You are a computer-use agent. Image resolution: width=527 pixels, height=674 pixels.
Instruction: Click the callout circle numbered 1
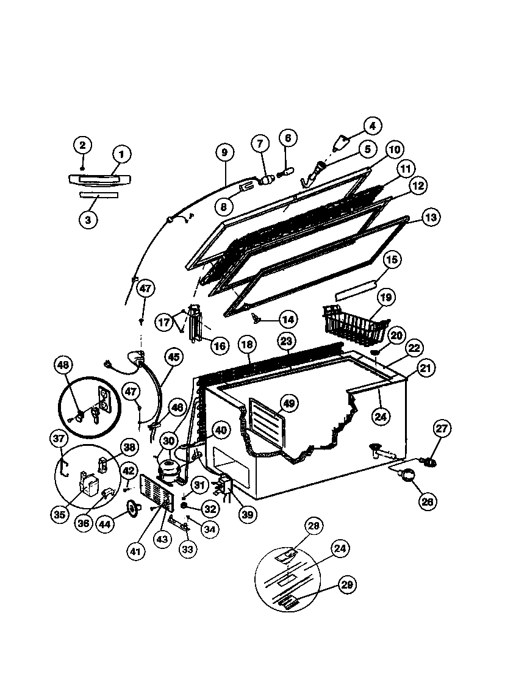pos(121,154)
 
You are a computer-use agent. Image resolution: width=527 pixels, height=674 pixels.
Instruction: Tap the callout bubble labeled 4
pos(373,126)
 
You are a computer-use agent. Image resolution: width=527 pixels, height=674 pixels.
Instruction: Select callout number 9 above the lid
pos(224,152)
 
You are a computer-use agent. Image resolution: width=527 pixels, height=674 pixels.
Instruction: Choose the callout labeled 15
pos(391,260)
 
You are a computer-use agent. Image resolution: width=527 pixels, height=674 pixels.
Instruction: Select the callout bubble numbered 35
pos(59,514)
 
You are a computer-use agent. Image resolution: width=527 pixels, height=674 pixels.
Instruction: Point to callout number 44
pos(106,523)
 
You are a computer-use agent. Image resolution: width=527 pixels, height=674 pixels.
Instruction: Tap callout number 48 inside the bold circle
pos(64,365)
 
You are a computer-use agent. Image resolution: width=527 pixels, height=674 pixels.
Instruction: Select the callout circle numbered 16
pos(219,346)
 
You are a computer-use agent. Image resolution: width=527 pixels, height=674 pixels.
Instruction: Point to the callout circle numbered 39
pos(246,515)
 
